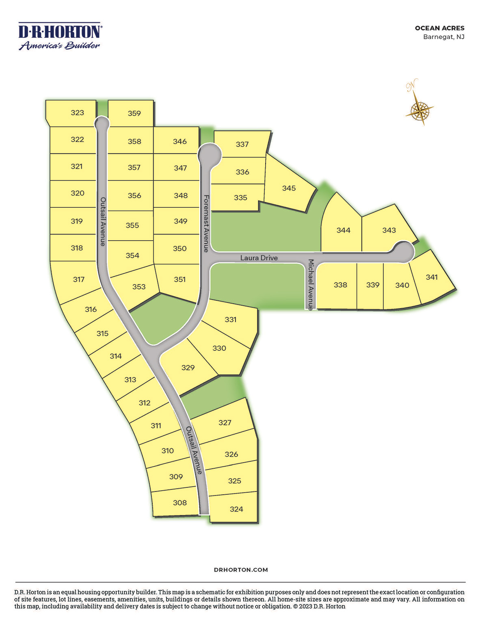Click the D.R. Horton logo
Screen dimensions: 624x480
[60, 36]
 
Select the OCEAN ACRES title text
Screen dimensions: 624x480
[439, 28]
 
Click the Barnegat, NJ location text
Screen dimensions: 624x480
[443, 37]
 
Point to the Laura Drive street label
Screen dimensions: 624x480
[259, 258]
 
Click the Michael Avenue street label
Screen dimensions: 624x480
[311, 285]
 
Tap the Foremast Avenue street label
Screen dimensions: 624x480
[206, 223]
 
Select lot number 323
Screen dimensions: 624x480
[77, 113]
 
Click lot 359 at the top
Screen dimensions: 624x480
[134, 113]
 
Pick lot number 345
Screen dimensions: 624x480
[289, 188]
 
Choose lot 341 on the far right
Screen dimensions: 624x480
[431, 277]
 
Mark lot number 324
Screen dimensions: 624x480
[236, 509]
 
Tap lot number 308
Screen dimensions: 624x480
[179, 503]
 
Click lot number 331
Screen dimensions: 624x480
[230, 320]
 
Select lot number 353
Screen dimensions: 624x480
[139, 287]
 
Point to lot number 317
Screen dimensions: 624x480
[79, 279]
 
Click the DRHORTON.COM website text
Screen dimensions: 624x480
[241, 570]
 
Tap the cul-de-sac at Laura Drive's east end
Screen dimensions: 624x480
[403, 252]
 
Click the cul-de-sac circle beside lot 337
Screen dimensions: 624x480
[210, 154]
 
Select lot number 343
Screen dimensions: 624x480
[389, 230]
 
